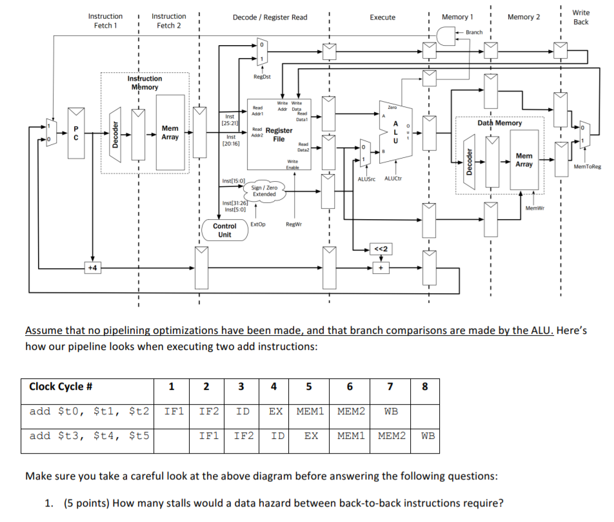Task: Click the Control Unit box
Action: point(224,230)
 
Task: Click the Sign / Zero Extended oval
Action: point(264,191)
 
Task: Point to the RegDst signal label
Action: point(262,76)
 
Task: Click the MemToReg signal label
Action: point(586,167)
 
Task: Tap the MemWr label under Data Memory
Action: point(535,208)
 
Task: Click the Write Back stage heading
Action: point(580,17)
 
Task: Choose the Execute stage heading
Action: point(382,17)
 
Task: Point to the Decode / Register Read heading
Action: point(270,17)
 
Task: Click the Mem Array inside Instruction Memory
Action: point(170,133)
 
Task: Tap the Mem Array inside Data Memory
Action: point(524,160)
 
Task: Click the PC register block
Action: point(75,133)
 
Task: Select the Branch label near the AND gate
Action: point(474,32)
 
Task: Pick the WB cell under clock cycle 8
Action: point(428,436)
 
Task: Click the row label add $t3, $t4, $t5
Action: point(88,436)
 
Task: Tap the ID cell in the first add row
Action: point(243,411)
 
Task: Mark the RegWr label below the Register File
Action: point(294,224)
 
